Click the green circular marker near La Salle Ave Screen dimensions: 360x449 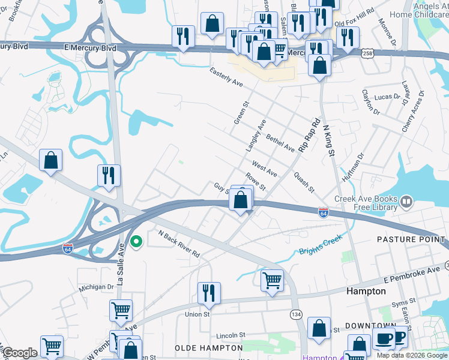pos(137,242)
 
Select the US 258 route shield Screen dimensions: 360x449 pos(367,54)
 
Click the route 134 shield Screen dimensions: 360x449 pos(296,314)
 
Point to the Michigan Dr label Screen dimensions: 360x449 pos(97,287)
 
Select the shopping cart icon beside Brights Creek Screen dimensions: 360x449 pos(273,280)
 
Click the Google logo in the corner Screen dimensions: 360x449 pos(20,353)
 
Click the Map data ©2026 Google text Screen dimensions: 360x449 pos(412,355)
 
